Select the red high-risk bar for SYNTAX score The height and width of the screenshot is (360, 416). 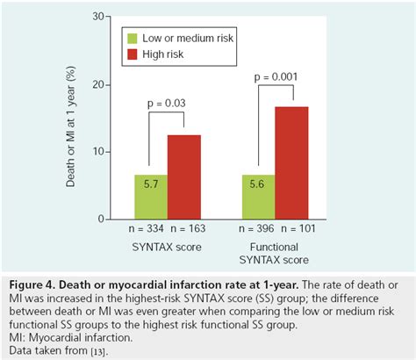pos(184,176)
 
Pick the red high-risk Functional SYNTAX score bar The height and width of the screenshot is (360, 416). pos(291,162)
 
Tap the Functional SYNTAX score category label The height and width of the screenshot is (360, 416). pos(275,256)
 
